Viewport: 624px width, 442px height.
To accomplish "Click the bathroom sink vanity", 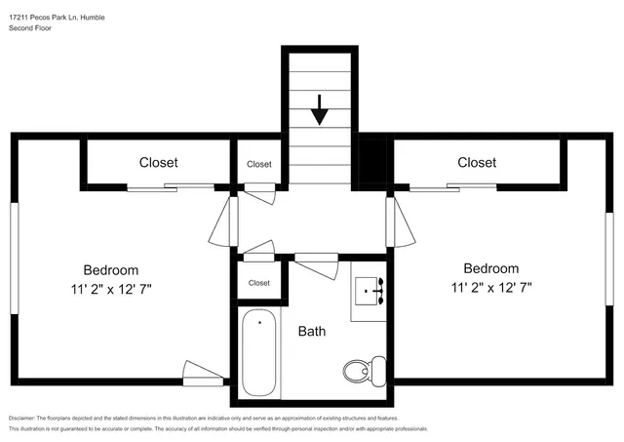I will [370, 289].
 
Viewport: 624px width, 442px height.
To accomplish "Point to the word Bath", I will [312, 332].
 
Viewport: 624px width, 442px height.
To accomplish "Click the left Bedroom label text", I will [110, 270].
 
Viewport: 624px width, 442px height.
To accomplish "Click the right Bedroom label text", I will [490, 268].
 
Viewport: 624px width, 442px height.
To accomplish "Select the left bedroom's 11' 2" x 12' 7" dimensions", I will [110, 289].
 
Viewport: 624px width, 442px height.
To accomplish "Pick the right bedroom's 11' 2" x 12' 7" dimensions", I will [490, 287].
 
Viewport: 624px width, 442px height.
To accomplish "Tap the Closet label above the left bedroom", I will [158, 163].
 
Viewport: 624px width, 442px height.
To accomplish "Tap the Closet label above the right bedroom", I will [477, 163].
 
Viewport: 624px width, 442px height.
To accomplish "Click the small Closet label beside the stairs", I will [258, 164].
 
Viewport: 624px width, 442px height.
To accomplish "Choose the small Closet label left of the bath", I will [258, 283].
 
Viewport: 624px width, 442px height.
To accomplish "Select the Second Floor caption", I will [30, 29].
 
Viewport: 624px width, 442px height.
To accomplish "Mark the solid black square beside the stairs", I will [372, 162].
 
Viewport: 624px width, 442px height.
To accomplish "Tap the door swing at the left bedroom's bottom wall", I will [203, 372].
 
